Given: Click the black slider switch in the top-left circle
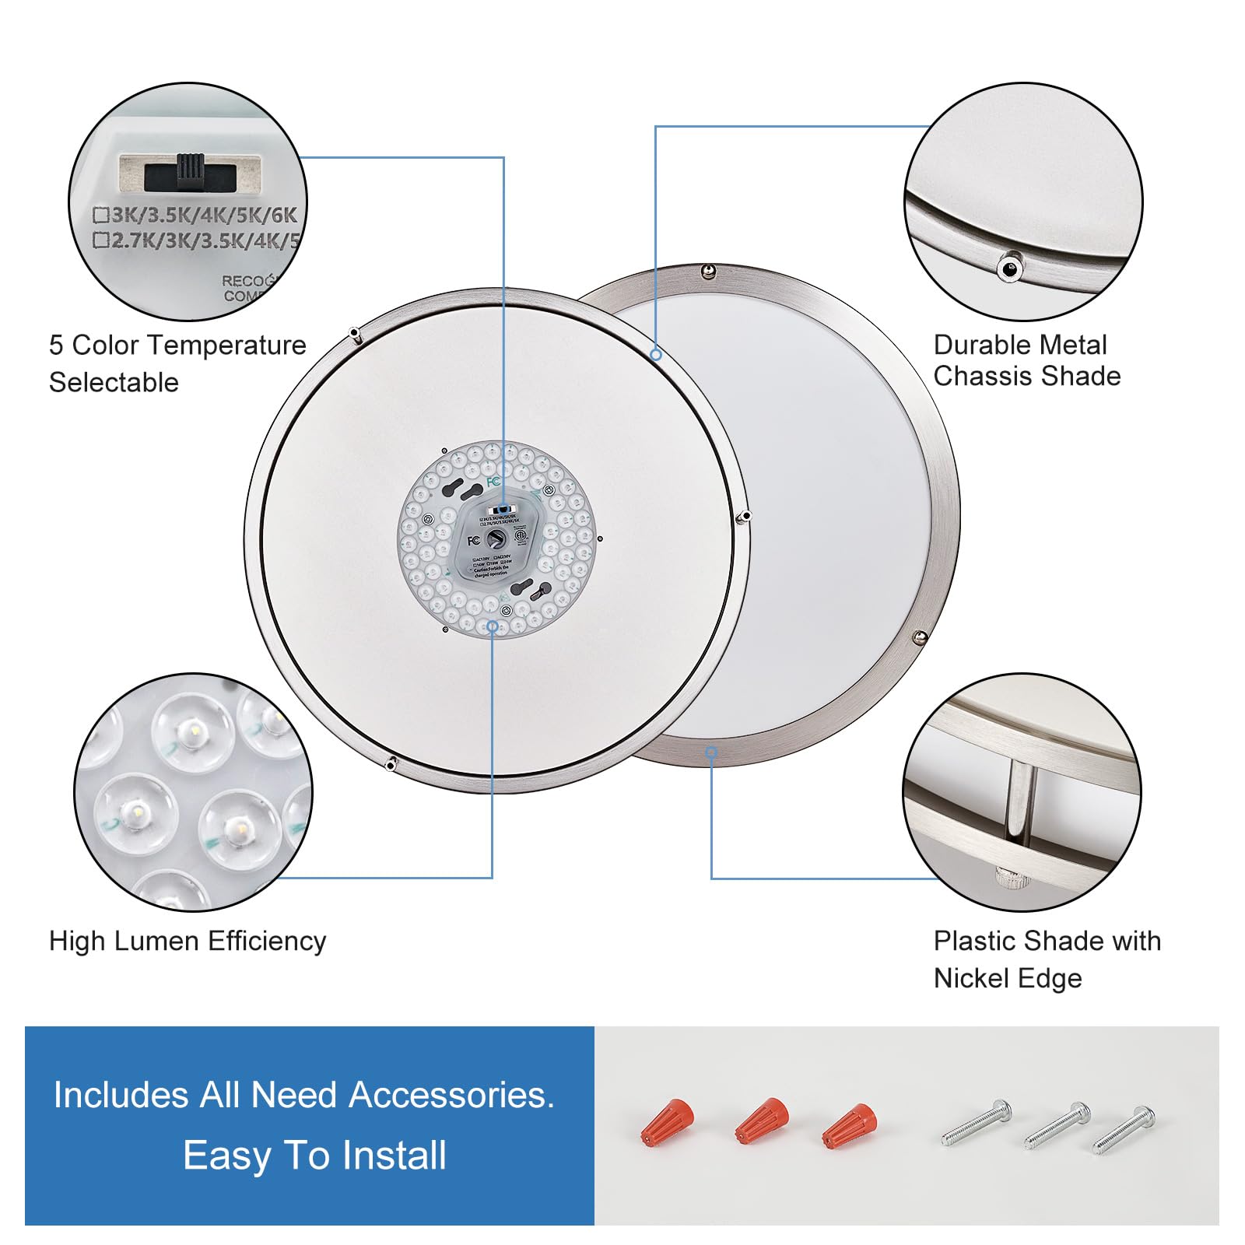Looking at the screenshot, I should coord(190,171).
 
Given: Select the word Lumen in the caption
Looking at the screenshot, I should coord(151,942).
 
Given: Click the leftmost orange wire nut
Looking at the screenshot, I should coord(668,1122).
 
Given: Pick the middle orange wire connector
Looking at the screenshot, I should coord(762,1120).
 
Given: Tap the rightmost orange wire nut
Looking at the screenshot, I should coord(850,1125).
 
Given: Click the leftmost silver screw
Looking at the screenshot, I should coord(977,1123).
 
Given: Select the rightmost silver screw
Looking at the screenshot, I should coord(1124,1129).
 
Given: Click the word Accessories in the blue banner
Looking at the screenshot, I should coord(451,1096).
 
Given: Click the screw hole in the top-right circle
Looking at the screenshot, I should coord(1010,268).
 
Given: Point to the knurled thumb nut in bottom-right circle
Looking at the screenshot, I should coord(1011,878).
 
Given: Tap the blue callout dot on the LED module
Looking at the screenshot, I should coord(492,626).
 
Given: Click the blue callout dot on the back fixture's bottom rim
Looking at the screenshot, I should coord(711,752).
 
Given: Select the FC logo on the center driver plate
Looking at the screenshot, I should coord(473,540).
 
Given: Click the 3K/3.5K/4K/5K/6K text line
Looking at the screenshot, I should coord(196,216).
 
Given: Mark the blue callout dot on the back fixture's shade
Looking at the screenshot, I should coord(656,355).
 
